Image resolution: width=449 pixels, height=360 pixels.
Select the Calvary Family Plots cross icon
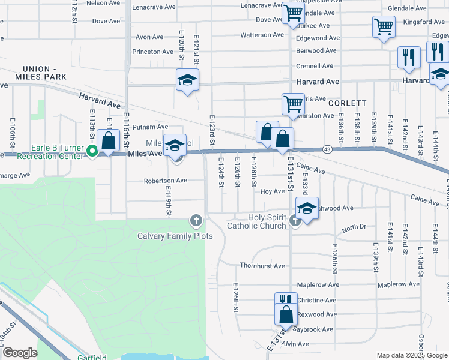pos(195,221)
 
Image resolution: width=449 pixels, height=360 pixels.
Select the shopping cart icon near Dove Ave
pos(293,13)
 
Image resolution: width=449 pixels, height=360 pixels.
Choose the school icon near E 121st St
pos(187,80)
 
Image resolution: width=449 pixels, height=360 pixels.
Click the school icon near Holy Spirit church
pos(307,209)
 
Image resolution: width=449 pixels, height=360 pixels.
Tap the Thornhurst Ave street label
pos(262,266)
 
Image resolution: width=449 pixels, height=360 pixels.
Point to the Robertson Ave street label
pos(165,180)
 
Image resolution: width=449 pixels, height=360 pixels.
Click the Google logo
pos(20,353)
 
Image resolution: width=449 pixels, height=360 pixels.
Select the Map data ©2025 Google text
pos(411,355)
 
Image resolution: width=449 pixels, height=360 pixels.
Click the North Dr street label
pos(354,229)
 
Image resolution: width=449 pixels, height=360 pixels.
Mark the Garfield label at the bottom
pos(92,357)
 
